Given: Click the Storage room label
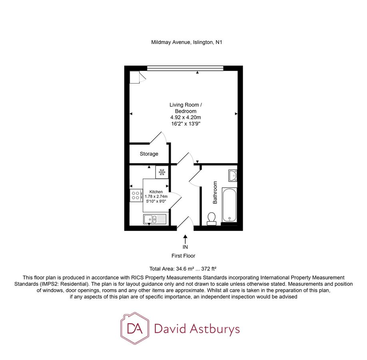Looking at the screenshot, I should (x=149, y=154).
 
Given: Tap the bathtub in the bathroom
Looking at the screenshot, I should (x=229, y=204).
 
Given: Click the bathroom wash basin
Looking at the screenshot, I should (x=233, y=174).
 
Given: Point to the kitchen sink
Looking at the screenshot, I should (x=155, y=219).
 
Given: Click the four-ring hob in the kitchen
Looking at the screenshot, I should (x=136, y=195).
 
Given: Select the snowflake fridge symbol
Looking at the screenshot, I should (x=162, y=172).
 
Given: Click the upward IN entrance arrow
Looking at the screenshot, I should (x=185, y=239).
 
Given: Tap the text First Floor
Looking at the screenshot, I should (x=184, y=256).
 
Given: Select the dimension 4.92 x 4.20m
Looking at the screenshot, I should (x=185, y=117).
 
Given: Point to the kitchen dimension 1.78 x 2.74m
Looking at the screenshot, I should (x=156, y=196).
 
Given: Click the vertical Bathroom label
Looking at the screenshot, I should (x=215, y=192).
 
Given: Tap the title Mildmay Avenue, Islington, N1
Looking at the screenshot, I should (x=186, y=42).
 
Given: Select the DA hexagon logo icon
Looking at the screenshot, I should (x=135, y=329).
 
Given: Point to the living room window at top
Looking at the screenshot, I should (x=185, y=68).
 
